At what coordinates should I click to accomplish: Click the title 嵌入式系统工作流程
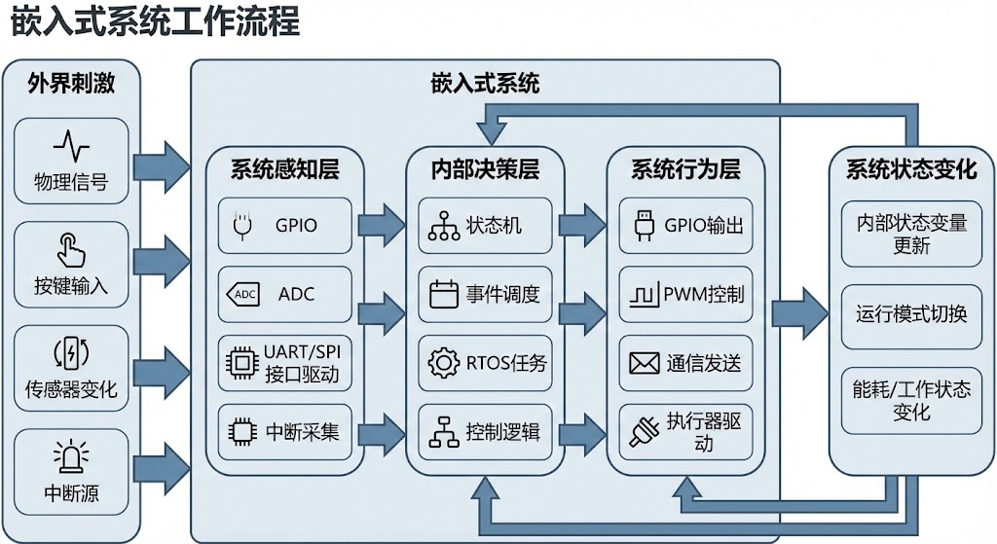tap(155, 22)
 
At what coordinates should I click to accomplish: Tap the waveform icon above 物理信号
tap(71, 147)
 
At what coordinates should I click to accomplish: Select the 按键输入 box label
tap(71, 286)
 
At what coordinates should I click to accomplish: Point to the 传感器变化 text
tap(71, 389)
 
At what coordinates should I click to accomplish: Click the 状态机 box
tap(485, 225)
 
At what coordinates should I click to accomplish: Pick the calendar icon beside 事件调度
tap(444, 294)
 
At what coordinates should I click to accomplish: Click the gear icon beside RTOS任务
tap(444, 363)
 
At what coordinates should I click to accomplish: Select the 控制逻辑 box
tap(485, 431)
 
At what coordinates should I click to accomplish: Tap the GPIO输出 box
tap(685, 225)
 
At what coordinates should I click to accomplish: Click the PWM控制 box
tap(685, 294)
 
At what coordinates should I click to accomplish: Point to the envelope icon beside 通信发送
tap(644, 363)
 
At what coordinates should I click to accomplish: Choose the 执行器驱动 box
tap(685, 431)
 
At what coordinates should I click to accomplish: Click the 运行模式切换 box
tap(911, 315)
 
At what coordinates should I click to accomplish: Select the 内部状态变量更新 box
tap(911, 235)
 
